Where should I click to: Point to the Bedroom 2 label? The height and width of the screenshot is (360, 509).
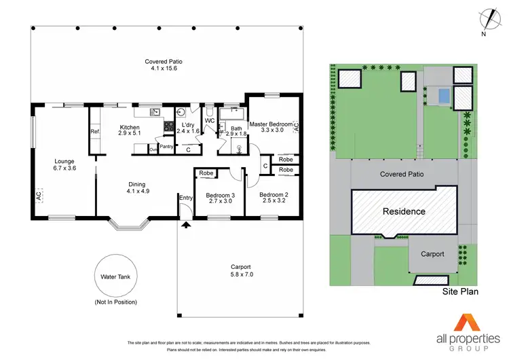(274, 196)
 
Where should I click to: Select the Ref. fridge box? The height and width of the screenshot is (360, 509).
(95, 132)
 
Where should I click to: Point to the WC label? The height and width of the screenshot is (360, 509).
(210, 121)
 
